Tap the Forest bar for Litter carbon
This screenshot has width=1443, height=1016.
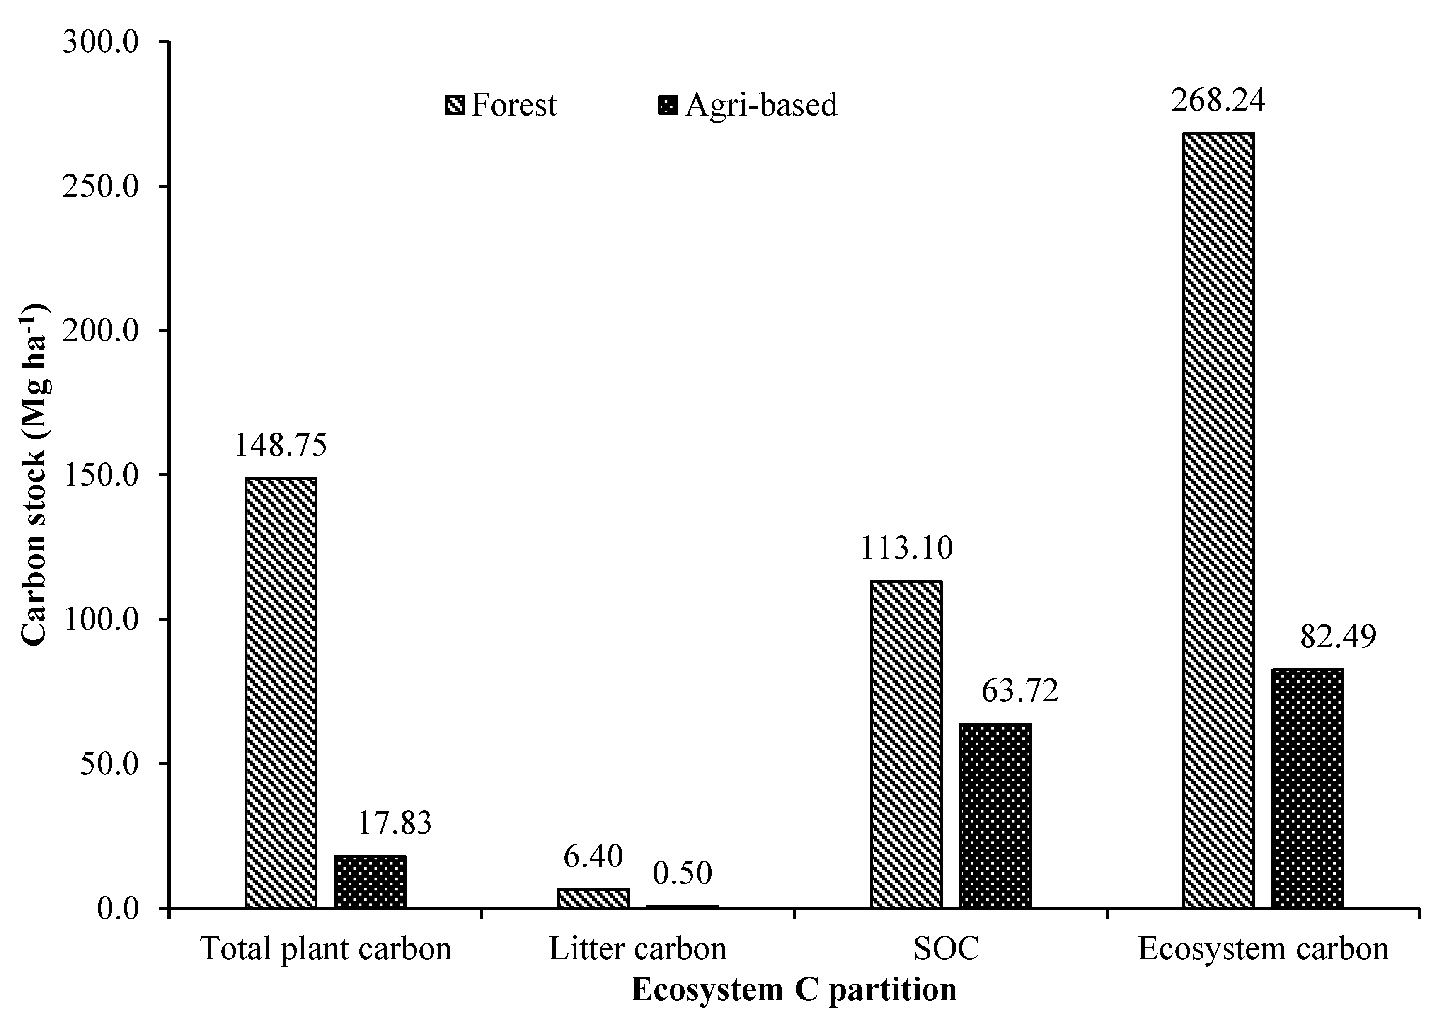pyautogui.click(x=593, y=898)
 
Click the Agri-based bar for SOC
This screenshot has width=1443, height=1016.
pyautogui.click(x=995, y=815)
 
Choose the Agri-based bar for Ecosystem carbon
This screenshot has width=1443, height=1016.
pyautogui.click(x=1307, y=788)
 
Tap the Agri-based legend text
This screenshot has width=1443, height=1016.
pyautogui.click(x=761, y=105)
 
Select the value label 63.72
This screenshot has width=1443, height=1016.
pyautogui.click(x=1020, y=691)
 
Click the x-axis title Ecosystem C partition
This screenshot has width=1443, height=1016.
pyautogui.click(x=794, y=989)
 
